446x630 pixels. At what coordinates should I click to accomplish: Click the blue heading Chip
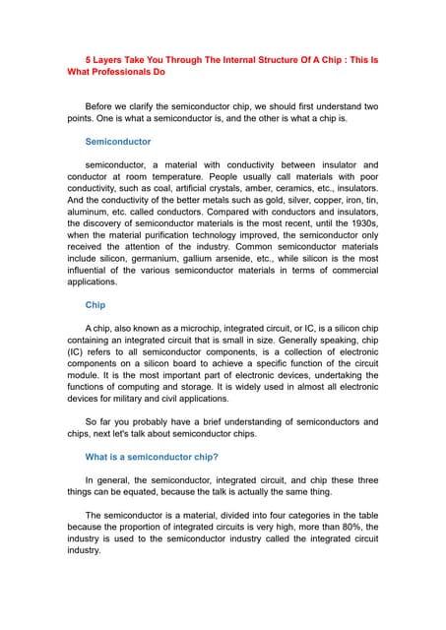pos(96,305)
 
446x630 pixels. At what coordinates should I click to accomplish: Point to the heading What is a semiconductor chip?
pos(152,457)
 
